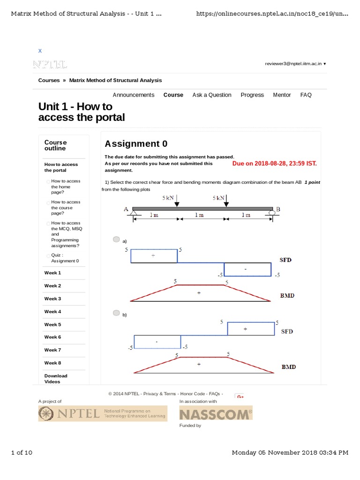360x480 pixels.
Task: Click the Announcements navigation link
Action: [x=133, y=95]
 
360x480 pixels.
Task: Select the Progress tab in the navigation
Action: [x=252, y=95]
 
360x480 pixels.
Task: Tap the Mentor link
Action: [x=282, y=95]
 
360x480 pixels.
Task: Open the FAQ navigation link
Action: [x=306, y=95]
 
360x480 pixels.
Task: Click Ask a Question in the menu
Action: [x=211, y=95]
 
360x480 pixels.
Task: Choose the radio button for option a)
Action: [x=116, y=240]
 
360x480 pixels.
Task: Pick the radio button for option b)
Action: [x=116, y=313]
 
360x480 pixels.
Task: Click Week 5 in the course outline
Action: [x=52, y=324]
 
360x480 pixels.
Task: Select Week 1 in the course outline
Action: [x=52, y=273]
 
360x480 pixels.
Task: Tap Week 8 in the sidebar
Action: [x=52, y=363]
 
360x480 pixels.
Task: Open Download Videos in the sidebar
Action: [x=56, y=379]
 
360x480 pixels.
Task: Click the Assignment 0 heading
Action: [x=136, y=144]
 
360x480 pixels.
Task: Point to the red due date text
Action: [x=274, y=164]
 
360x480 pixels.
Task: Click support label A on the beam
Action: [x=126, y=209]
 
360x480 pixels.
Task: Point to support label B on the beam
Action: [x=278, y=209]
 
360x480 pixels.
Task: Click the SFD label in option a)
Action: [x=286, y=260]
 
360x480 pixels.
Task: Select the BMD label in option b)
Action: [x=288, y=367]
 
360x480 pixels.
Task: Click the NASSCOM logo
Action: [x=216, y=413]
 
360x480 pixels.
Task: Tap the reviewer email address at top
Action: [x=293, y=64]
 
